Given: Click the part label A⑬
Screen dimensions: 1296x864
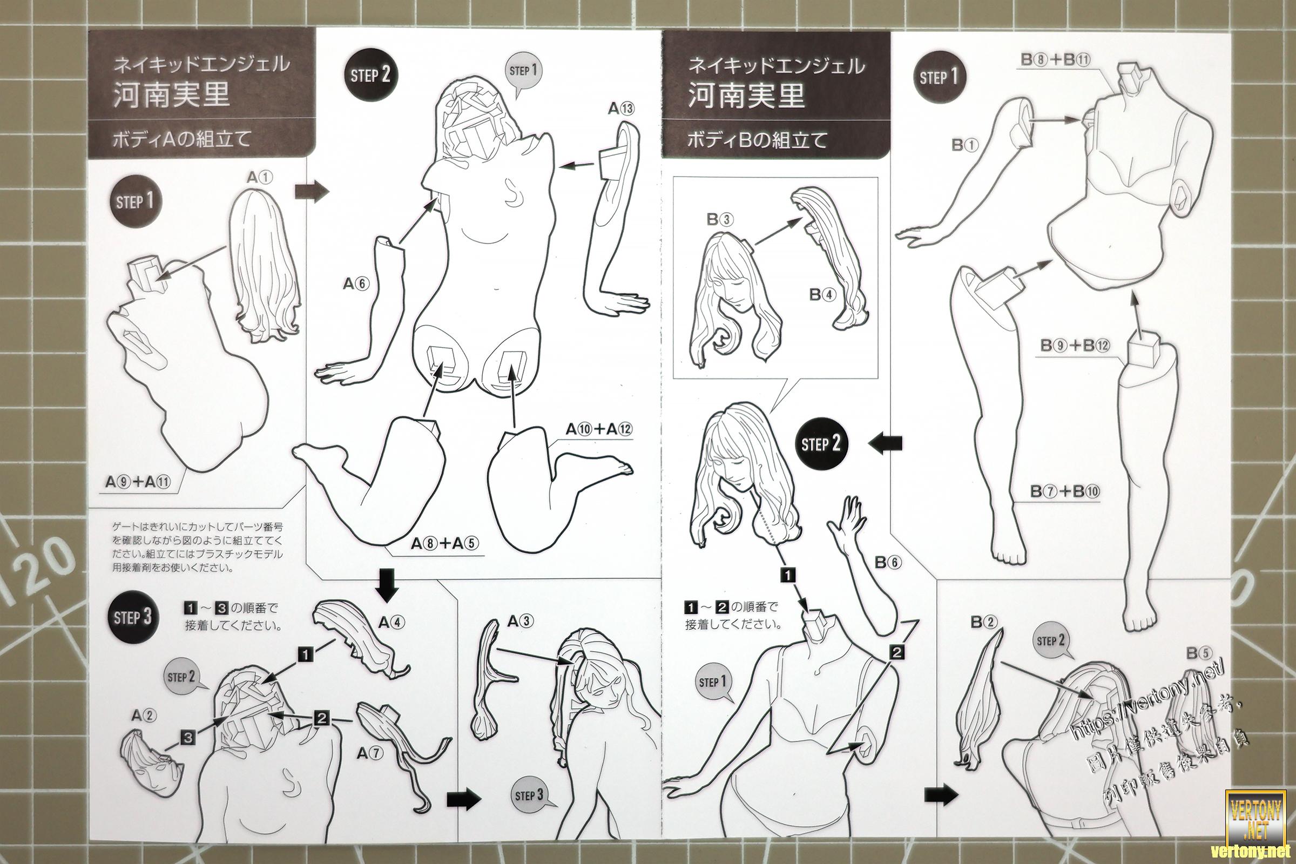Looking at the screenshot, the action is coord(621,109).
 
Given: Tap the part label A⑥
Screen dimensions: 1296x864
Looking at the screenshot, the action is coord(356,284).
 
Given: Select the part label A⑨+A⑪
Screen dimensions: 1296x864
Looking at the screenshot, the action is coord(138,482).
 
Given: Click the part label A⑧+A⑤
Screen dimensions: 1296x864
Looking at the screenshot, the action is coord(444,544).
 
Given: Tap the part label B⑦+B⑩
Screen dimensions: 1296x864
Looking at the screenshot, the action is coord(1064,491).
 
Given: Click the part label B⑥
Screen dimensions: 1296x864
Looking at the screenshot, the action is coord(888,563).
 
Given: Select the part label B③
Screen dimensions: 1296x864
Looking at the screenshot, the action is coord(720,220).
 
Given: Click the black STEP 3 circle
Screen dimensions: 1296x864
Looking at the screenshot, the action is coord(132,617).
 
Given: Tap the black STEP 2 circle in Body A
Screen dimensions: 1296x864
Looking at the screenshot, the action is coord(370,75).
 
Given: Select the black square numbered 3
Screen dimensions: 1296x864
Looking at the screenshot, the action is coord(188,737).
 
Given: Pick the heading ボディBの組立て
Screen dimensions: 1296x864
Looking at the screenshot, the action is coord(757,140).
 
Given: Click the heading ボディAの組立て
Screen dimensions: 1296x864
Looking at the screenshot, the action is coord(181,138).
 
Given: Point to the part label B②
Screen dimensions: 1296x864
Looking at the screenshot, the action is coord(983,623).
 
